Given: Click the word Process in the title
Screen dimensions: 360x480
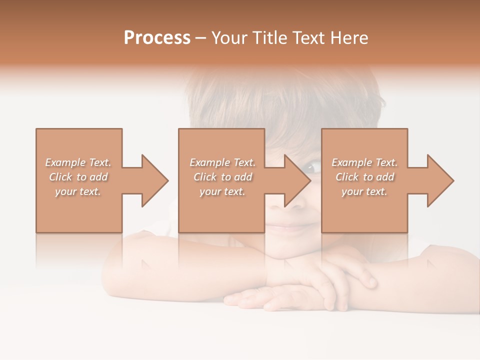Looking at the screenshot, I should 157,38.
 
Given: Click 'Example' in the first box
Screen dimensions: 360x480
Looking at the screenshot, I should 65,162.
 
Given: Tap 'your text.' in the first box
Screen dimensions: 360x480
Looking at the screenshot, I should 78,191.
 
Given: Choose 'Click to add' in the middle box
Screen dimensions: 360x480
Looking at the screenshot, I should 222,177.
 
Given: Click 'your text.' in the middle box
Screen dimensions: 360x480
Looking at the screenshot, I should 222,191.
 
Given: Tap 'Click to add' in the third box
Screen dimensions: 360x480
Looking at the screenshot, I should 365,177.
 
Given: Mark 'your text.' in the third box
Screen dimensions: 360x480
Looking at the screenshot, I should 364,191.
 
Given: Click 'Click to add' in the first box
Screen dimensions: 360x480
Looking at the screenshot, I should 78,177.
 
